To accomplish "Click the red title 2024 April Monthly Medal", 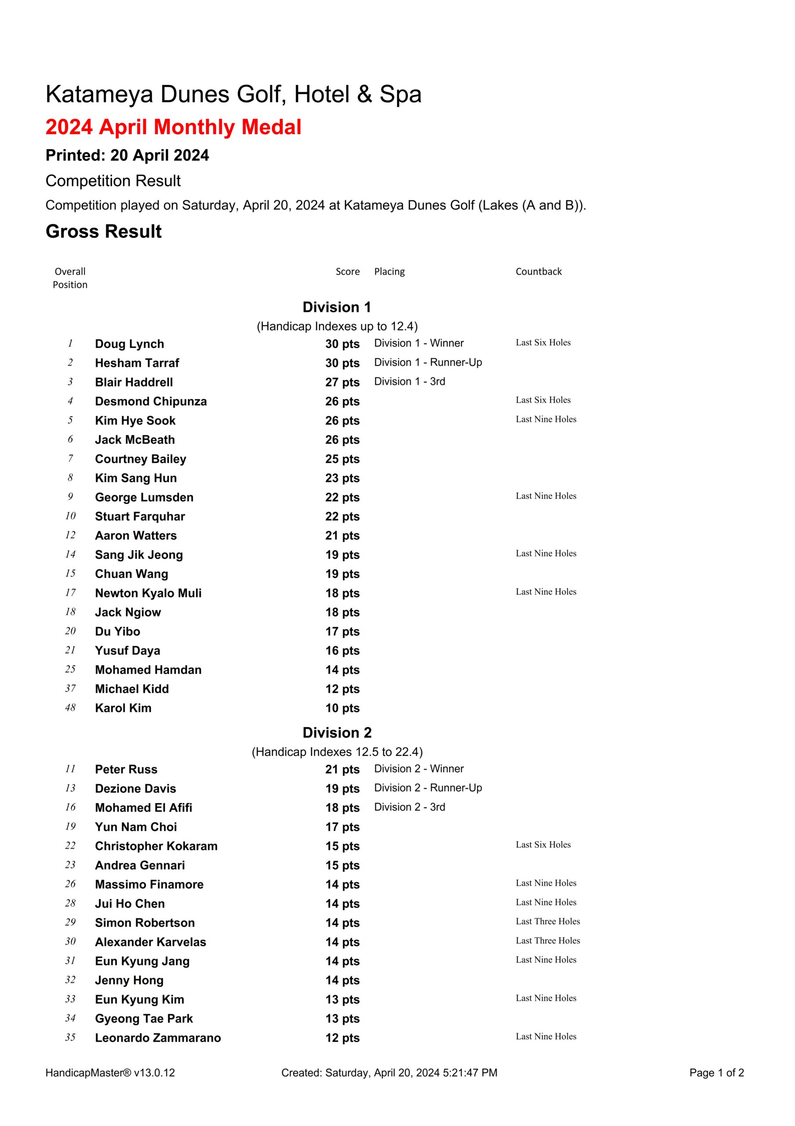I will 173,127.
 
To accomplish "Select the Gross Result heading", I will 103,231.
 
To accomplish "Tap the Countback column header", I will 538,272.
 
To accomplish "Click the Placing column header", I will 389,272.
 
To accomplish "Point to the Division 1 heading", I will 337,307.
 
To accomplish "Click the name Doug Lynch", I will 129,344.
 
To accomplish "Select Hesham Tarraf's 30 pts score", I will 342,363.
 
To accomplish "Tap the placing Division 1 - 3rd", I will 409,381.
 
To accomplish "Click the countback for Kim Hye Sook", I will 545,419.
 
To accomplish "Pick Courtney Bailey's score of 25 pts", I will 342,459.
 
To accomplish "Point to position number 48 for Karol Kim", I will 71,708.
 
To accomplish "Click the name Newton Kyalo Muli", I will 148,593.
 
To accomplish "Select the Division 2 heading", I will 337,733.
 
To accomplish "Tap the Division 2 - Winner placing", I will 418,768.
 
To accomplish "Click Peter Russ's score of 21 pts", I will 342,769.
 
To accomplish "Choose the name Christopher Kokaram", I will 156,846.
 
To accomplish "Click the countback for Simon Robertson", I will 548,921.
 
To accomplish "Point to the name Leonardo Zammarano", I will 158,1038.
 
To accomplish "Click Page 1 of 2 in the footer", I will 716,1072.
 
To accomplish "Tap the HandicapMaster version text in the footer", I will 110,1072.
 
